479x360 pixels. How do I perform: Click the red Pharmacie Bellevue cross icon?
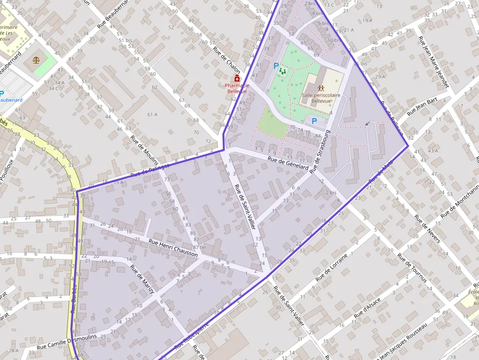click(237, 78)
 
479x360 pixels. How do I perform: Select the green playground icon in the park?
click(283, 71)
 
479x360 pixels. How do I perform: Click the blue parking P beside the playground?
click(276, 65)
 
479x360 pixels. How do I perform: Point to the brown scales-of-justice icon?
click(36, 60)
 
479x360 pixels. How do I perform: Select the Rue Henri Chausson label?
click(173, 248)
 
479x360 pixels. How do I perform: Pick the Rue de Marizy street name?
click(142, 279)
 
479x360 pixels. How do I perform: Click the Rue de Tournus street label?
click(412, 267)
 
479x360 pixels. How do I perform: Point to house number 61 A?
click(152, 114)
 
